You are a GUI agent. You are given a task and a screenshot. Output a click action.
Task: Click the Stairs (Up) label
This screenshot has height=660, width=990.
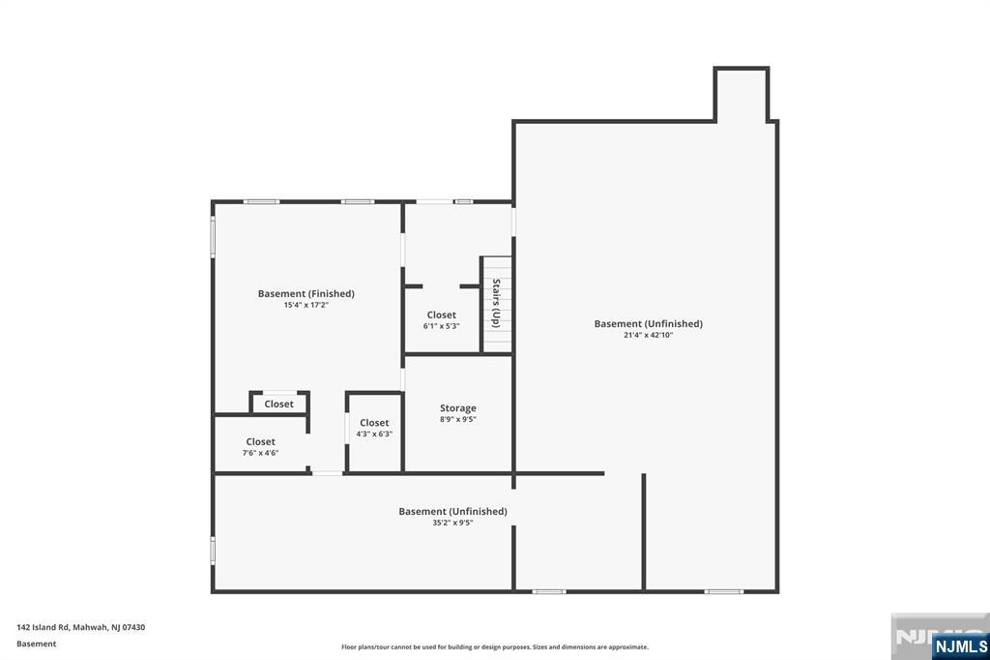click(x=496, y=303)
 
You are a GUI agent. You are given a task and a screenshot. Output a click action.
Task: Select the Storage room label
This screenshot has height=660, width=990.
click(x=457, y=408)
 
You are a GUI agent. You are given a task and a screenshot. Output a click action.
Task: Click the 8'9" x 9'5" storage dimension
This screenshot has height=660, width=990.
click(x=457, y=420)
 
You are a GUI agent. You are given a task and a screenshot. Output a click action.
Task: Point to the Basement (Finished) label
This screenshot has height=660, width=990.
click(x=306, y=293)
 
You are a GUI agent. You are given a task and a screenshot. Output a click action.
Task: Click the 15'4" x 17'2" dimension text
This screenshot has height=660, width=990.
click(x=306, y=306)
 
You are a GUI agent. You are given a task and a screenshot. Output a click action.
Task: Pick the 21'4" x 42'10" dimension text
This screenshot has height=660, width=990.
click(x=648, y=336)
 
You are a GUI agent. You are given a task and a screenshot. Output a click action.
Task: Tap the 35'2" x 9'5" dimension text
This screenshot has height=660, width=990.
click(x=452, y=524)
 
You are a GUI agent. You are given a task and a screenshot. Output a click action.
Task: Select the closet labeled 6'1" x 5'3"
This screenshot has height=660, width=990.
click(x=441, y=320)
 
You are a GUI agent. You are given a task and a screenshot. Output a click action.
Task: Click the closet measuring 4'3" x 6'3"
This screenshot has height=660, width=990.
click(x=374, y=428)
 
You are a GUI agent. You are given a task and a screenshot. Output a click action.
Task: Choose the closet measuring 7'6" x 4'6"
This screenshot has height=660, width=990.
click(x=260, y=446)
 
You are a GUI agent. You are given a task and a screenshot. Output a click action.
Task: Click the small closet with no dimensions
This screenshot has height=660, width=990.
click(x=279, y=404)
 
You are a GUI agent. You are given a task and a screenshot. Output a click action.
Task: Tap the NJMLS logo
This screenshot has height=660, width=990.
click(x=960, y=645)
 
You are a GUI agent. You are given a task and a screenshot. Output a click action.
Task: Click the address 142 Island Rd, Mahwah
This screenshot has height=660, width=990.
click(x=80, y=627)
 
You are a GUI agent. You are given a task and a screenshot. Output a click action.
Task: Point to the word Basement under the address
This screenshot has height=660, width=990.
click(x=36, y=644)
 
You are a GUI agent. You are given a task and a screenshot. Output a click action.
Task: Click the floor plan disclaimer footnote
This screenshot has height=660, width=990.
click(x=494, y=647)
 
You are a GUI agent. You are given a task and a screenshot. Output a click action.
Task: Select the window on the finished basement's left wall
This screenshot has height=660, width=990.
click(x=213, y=236)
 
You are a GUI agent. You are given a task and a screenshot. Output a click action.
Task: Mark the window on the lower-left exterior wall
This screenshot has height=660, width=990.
click(x=213, y=550)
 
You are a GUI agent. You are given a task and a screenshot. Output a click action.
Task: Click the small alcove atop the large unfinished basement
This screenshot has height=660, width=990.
click(x=742, y=95)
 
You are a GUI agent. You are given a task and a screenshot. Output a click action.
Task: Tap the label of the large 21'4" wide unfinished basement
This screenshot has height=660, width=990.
click(x=648, y=323)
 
